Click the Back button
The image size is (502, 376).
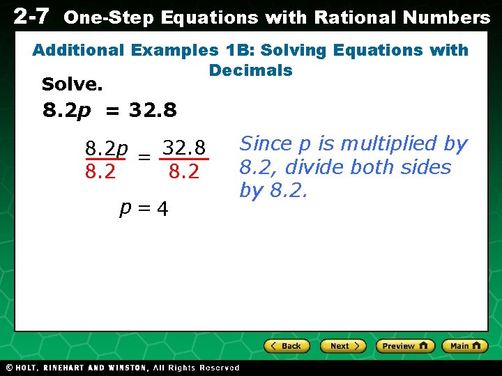[286, 346]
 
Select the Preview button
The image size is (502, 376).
[405, 346]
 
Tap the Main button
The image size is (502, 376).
[464, 346]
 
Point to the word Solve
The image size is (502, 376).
[73, 85]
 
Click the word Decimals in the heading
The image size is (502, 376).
[251, 70]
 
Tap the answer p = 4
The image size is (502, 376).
[144, 208]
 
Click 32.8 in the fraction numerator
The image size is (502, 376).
[184, 148]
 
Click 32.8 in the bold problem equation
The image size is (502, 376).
[153, 110]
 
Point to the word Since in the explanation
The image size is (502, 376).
[266, 144]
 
